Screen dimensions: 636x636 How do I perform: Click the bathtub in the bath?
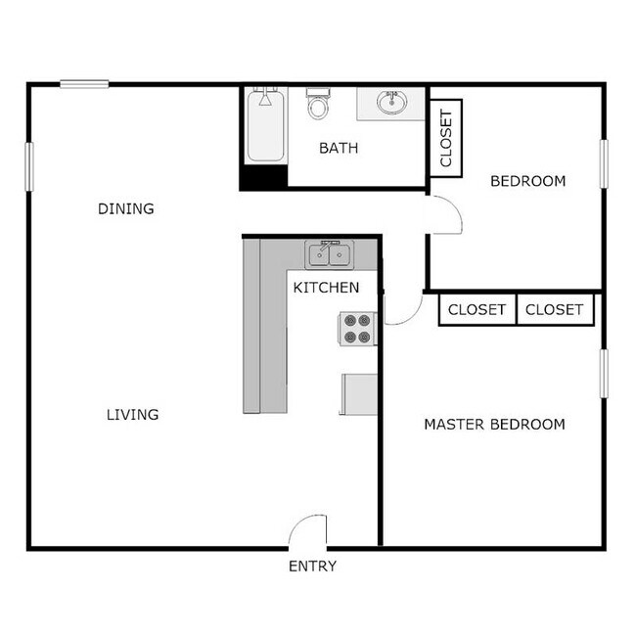(265, 126)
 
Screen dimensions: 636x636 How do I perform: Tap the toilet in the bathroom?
(318, 103)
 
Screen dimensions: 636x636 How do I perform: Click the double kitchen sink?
(330, 254)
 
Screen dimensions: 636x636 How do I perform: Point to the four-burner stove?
(358, 329)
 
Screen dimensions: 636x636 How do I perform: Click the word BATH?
(339, 149)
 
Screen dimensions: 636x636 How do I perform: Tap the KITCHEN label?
(327, 288)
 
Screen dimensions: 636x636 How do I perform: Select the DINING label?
(126, 208)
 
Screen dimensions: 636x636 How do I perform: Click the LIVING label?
(132, 415)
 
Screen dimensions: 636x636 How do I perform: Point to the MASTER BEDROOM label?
(494, 425)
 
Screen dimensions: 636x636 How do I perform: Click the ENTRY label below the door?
(312, 567)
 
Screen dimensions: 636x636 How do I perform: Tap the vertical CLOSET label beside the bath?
(446, 139)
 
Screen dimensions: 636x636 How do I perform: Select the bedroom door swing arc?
(446, 213)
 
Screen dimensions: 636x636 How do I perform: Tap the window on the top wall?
(84, 84)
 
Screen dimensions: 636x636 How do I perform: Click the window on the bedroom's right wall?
(604, 167)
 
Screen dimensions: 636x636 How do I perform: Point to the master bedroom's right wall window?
(604, 373)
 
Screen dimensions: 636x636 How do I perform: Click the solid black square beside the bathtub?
(264, 177)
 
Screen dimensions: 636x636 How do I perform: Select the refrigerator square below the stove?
(360, 394)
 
